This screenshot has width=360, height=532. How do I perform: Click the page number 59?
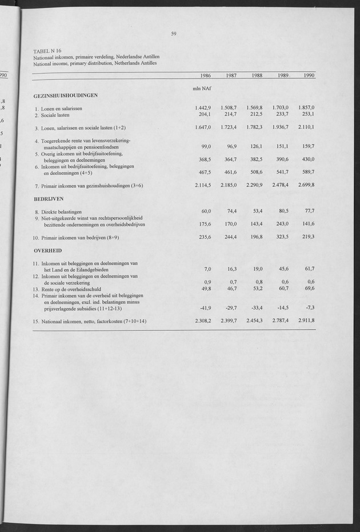click(174, 34)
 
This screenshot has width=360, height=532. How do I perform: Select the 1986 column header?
click(206, 76)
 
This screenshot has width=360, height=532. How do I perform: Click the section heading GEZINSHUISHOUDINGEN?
click(65, 95)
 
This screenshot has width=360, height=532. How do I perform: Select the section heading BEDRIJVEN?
click(49, 200)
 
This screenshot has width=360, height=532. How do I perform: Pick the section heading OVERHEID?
click(47, 250)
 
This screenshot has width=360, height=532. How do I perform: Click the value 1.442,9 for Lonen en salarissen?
click(203, 107)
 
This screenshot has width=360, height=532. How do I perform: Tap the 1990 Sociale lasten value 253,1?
click(307, 114)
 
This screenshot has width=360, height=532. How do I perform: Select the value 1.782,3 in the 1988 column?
click(255, 127)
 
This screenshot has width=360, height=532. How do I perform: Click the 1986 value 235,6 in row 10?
click(205, 237)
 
